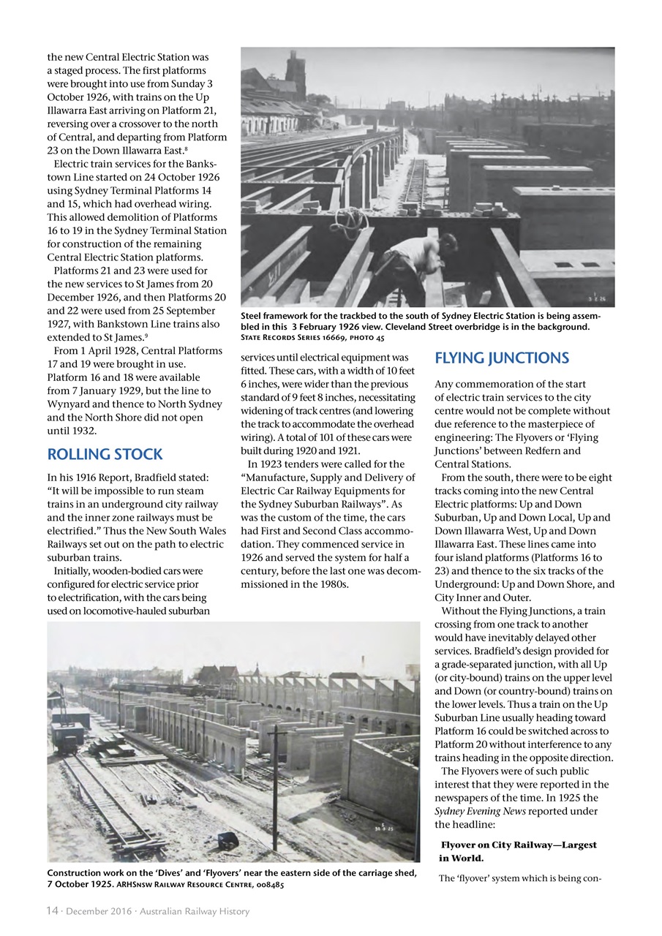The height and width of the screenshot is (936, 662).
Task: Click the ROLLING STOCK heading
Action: (x=105, y=454)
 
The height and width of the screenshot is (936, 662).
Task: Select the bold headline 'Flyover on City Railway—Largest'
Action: (x=518, y=845)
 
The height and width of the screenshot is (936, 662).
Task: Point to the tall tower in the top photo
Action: (x=296, y=76)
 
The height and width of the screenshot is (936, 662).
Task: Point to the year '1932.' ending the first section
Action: (x=62, y=431)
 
